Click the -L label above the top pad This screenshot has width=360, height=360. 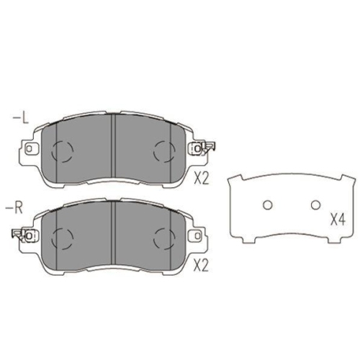(x=21, y=117)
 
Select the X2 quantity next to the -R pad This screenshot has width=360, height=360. (x=202, y=266)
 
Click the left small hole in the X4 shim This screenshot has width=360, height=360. (x=266, y=205)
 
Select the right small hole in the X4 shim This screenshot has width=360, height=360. (x=314, y=205)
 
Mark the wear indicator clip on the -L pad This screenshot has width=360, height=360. (x=209, y=148)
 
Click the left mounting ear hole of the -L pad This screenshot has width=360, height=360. (x=30, y=150)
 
